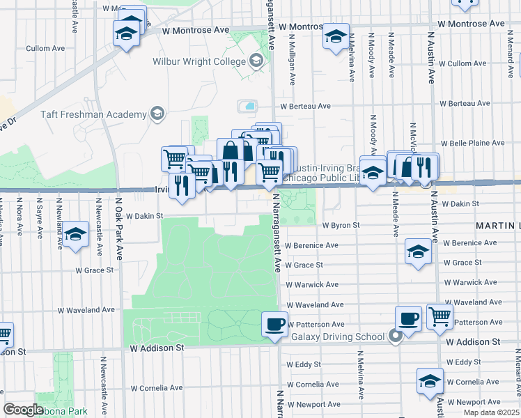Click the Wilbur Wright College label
pos(199,61)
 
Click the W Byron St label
pos(341,225)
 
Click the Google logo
pos(23,410)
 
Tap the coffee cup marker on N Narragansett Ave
pos(274,323)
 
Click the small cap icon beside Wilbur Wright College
pos(257,61)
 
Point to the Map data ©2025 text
pos(490,412)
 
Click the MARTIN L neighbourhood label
pos(497,226)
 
